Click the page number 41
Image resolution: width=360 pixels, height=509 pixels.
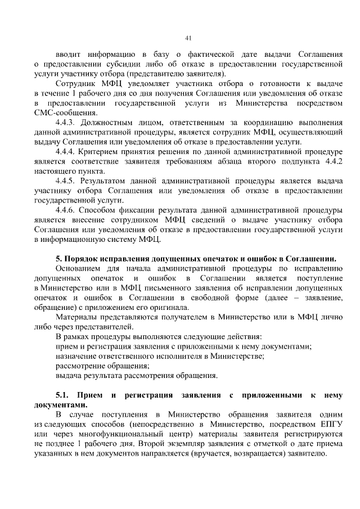188,38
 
